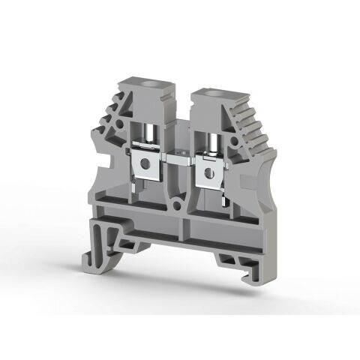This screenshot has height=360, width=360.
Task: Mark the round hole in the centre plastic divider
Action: click(x=179, y=201)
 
